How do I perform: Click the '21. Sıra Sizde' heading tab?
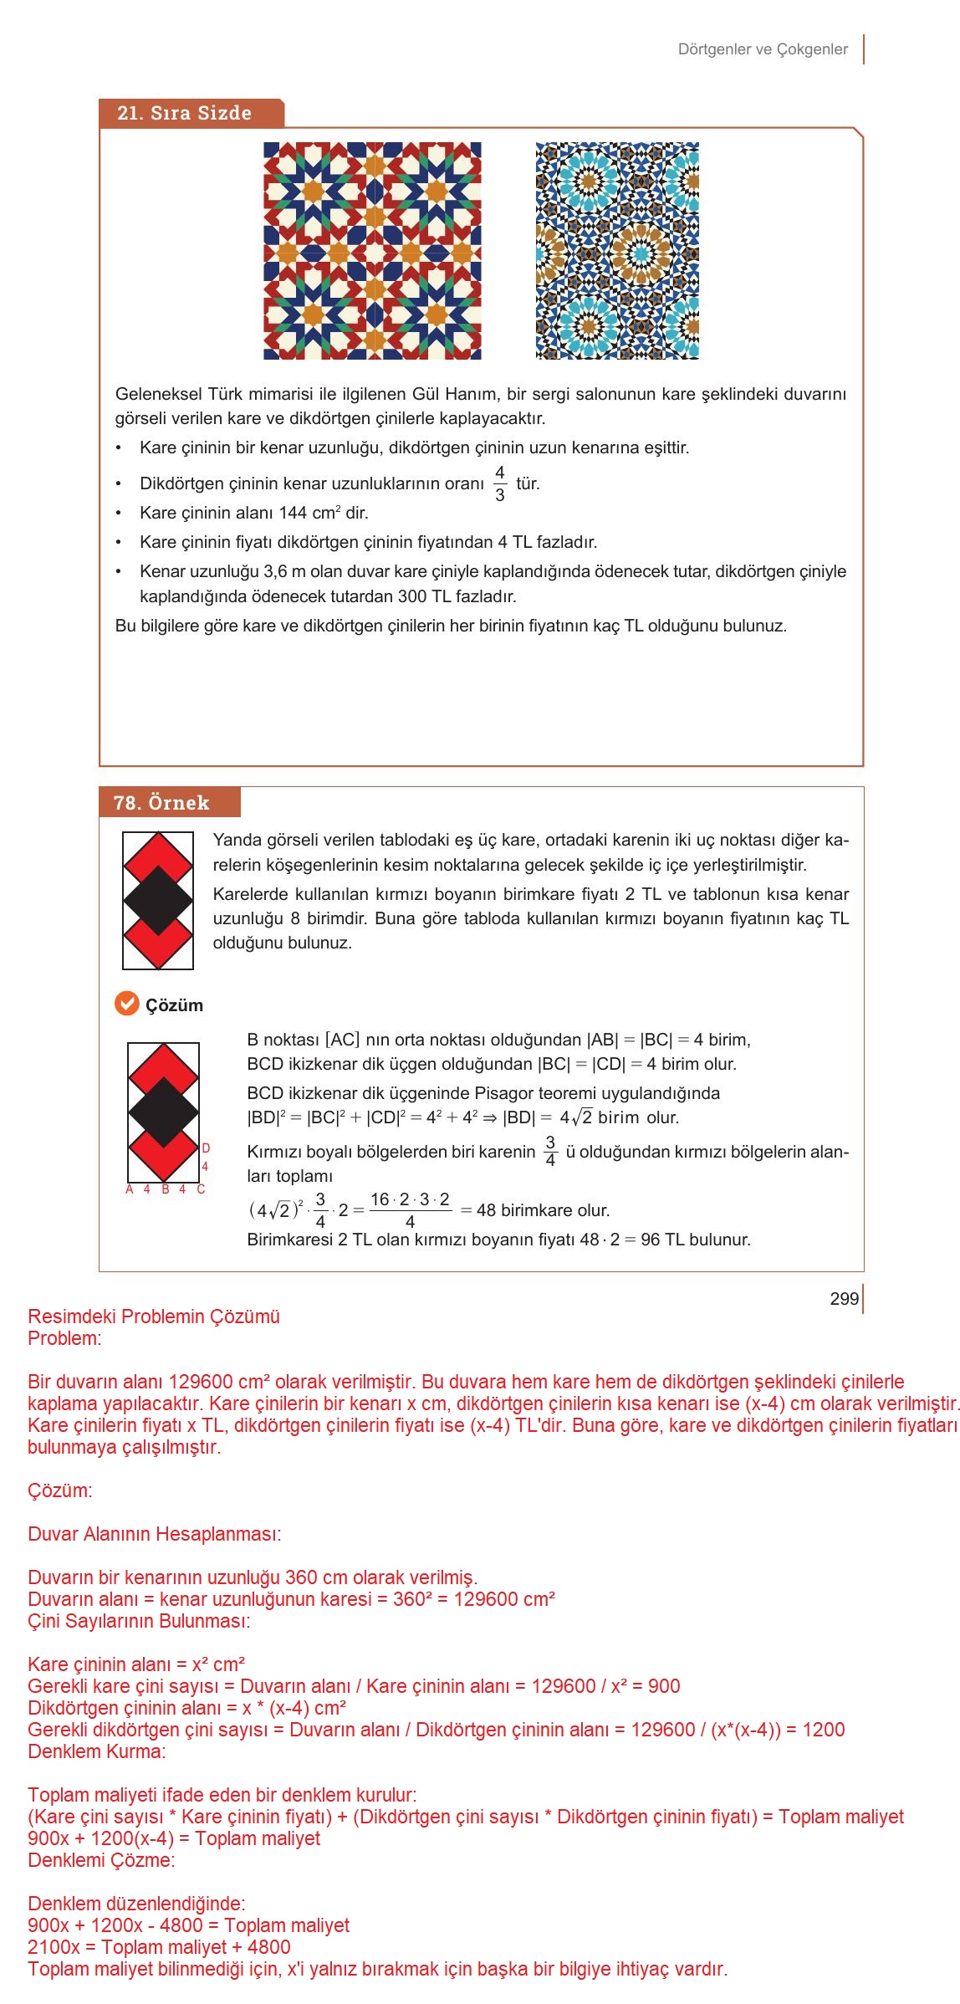(x=186, y=114)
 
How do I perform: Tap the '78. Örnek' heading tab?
(x=162, y=803)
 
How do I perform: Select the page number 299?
(x=844, y=1299)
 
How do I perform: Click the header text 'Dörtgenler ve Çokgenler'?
(x=763, y=49)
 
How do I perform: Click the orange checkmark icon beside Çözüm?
(x=126, y=1004)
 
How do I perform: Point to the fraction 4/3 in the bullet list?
(x=499, y=483)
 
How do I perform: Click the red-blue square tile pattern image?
(x=372, y=251)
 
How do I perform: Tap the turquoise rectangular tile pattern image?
(x=617, y=251)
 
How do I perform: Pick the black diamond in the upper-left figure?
(x=158, y=901)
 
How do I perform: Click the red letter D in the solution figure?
(x=206, y=1148)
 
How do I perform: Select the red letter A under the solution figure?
(x=130, y=1189)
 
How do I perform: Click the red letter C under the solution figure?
(x=201, y=1189)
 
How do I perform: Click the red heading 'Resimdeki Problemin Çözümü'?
(x=154, y=1316)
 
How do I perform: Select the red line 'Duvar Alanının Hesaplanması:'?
(x=154, y=1534)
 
